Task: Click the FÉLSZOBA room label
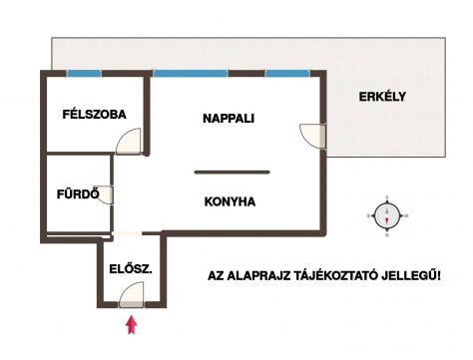[95, 114]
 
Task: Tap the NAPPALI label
[229, 119]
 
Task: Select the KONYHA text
[230, 201]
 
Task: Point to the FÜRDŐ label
[78, 193]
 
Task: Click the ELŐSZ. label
[131, 268]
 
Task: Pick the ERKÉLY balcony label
[382, 97]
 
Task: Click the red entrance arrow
[132, 325]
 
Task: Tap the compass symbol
[387, 215]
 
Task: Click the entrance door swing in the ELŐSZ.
[132, 294]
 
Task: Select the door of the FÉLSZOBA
[129, 142]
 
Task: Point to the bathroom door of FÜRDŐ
[104, 194]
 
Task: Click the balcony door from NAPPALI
[312, 136]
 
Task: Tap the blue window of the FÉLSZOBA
[84, 73]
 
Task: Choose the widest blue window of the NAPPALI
[191, 73]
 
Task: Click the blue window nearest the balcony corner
[287, 73]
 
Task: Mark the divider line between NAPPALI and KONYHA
[232, 172]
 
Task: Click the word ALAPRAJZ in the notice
[257, 276]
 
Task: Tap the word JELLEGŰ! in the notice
[411, 275]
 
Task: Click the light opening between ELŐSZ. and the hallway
[127, 233]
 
